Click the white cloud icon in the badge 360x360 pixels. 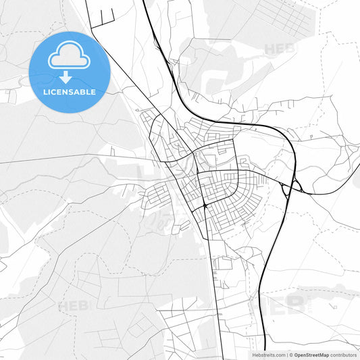pyautogui.click(x=69, y=57)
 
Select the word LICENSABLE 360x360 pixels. pyautogui.click(x=69, y=92)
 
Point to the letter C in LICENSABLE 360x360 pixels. pyautogui.click(x=54, y=92)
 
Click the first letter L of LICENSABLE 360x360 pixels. pyautogui.click(x=45, y=92)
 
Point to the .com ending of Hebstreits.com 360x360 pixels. pyautogui.click(x=281, y=355)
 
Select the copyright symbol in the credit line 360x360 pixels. pyautogui.click(x=291, y=355)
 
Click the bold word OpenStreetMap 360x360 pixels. pyautogui.click(x=311, y=355)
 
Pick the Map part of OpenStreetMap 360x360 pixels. pyautogui.click(x=324, y=355)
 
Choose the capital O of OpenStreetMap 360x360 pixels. pyautogui.click(x=296, y=355)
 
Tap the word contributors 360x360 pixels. pyautogui.click(x=343, y=355)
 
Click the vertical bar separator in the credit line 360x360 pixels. pyautogui.click(x=288, y=355)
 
